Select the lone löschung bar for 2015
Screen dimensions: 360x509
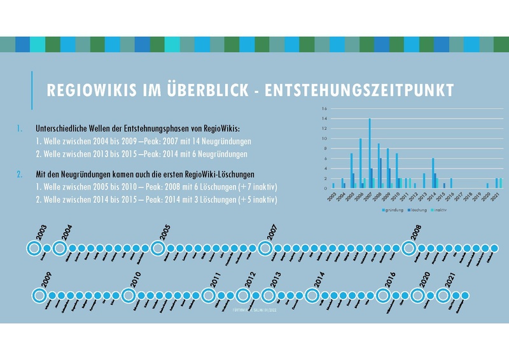(444, 186)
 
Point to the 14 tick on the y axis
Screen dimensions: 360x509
(324, 118)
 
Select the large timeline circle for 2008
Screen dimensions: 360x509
(408, 248)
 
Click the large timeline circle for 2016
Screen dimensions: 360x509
(383, 296)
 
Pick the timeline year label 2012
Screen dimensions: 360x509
(250, 280)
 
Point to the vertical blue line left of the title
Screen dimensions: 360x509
(31, 90)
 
